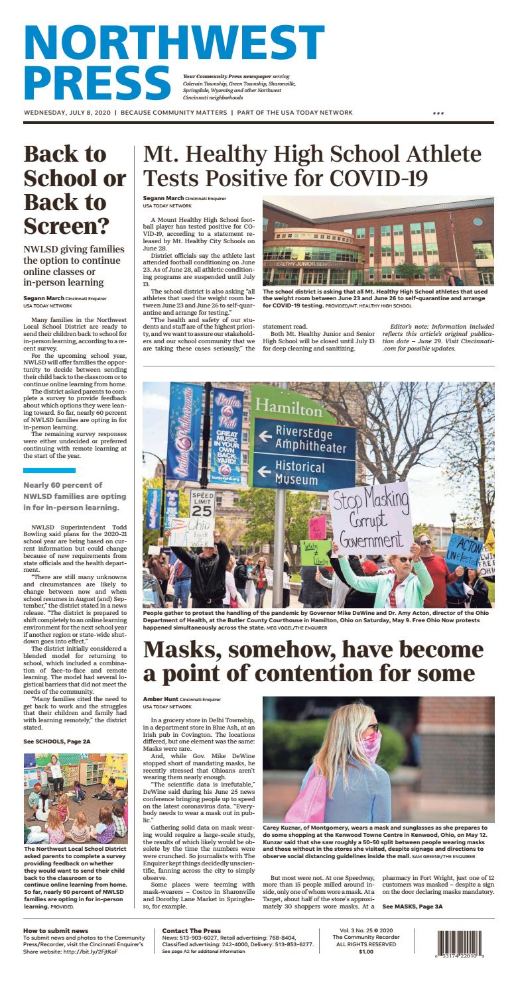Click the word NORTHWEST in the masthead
pyautogui.click(x=174, y=42)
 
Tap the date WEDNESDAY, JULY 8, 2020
pyautogui.click(x=67, y=113)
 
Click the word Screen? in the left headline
pyautogui.click(x=66, y=226)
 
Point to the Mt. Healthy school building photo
pyautogui.click(x=378, y=241)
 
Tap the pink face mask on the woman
pyautogui.click(x=369, y=745)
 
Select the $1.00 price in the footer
pyautogui.click(x=366, y=952)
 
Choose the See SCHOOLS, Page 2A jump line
pyautogui.click(x=56, y=741)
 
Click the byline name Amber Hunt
pyautogui.click(x=162, y=700)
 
